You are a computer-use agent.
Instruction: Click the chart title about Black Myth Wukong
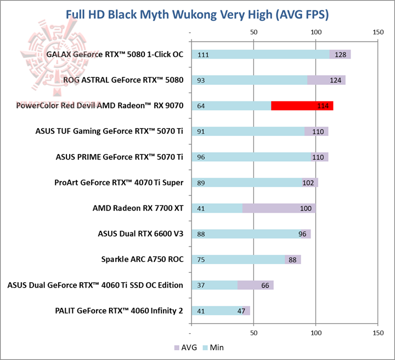(x=197, y=14)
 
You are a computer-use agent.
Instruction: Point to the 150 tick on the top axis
(x=377, y=32)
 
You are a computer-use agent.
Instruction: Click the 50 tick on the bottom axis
(x=253, y=333)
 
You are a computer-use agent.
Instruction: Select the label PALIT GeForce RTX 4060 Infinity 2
(x=119, y=311)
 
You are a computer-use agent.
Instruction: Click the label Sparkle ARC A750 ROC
(x=142, y=259)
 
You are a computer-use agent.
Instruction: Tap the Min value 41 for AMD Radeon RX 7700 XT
(x=201, y=208)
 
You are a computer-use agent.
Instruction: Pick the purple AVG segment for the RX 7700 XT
(x=279, y=208)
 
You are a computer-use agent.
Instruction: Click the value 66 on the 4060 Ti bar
(x=265, y=285)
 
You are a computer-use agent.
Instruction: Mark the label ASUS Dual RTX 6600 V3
(x=140, y=234)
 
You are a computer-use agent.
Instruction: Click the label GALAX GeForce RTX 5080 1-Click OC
(x=115, y=55)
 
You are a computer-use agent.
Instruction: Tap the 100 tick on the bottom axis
(x=315, y=333)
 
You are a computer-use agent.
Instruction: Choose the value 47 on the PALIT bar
(x=241, y=311)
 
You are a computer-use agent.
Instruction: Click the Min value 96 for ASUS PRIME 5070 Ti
(x=201, y=157)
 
